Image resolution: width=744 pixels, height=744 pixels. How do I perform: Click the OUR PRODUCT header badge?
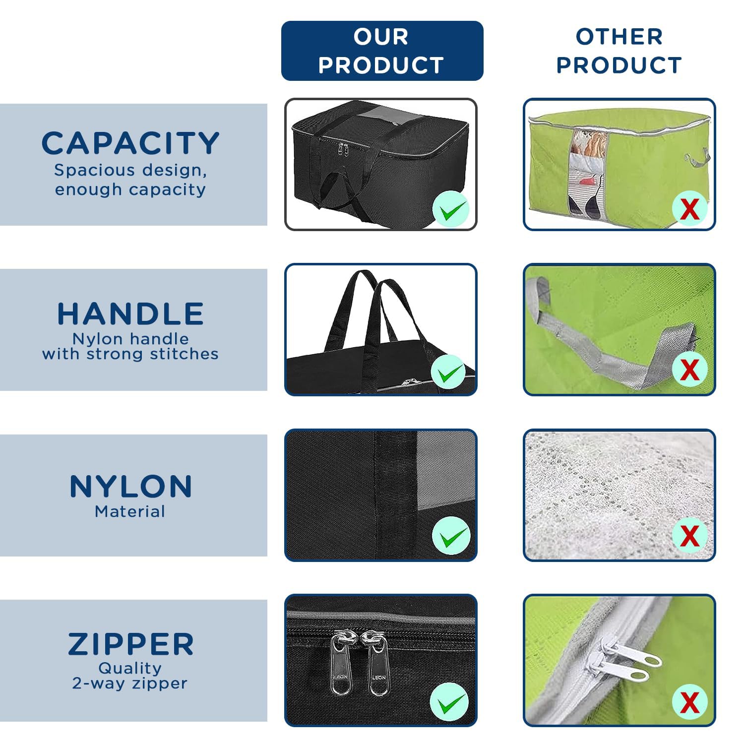[382, 51]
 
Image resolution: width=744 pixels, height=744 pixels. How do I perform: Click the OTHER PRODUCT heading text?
[619, 51]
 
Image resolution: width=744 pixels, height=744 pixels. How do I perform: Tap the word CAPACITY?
[130, 143]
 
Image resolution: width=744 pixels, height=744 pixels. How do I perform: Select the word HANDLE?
[130, 313]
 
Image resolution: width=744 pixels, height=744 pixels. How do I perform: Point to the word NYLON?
[131, 486]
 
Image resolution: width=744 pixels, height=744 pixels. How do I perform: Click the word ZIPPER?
[131, 644]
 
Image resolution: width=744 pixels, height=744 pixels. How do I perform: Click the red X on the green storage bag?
[690, 208]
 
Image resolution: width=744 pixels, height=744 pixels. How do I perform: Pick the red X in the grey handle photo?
[690, 369]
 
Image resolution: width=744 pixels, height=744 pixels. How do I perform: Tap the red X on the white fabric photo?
[690, 536]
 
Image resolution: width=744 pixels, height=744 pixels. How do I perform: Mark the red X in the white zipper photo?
[690, 702]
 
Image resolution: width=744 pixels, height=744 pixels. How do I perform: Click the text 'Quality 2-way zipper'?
[130, 676]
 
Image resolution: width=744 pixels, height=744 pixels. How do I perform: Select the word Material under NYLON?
[130, 511]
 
